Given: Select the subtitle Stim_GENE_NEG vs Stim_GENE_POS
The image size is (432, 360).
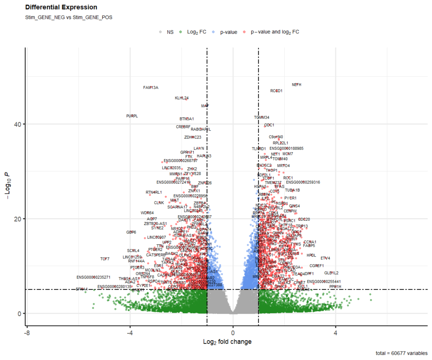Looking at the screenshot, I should (x=69, y=17).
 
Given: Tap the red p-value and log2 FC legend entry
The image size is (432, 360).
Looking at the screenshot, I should (x=275, y=32).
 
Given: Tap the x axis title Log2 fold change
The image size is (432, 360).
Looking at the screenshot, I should (x=227, y=342).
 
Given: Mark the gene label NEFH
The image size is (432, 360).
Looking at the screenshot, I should (x=297, y=85).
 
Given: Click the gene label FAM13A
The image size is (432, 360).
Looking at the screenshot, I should (x=151, y=88).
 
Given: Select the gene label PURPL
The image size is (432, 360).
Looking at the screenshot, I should (x=132, y=116).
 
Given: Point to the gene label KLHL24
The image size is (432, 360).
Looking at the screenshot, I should (x=182, y=98).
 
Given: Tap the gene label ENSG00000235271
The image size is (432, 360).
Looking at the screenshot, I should (x=94, y=277).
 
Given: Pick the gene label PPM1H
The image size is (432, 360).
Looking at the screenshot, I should (x=335, y=287).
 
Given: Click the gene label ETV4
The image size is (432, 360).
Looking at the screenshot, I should (x=325, y=258).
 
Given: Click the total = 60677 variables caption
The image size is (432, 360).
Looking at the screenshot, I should (x=401, y=353).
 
